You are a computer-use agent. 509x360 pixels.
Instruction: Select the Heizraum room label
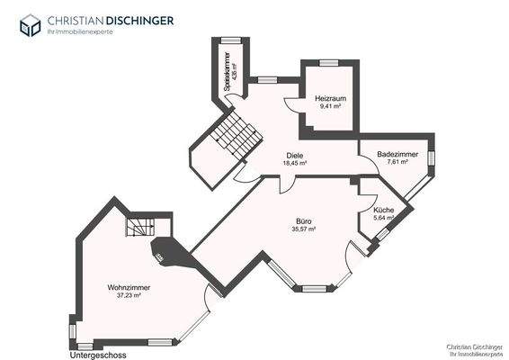[330, 97]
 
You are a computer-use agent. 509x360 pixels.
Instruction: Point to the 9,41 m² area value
[330, 106]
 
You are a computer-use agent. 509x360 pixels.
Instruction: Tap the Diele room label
[294, 155]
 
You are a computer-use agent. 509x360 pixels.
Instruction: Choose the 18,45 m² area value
[294, 164]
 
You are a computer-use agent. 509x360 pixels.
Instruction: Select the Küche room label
[383, 209]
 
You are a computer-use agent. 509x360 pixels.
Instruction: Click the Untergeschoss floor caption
[98, 355]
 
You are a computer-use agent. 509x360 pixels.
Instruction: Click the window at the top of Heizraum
[329, 62]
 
